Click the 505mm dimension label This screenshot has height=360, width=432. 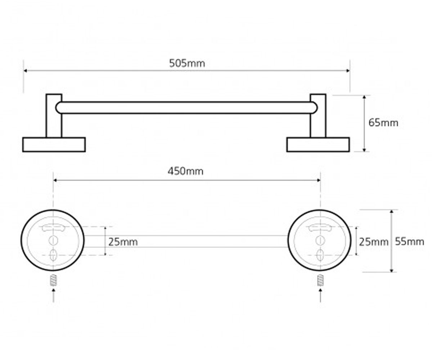pos(187,63)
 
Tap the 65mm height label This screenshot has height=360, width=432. pos(383,123)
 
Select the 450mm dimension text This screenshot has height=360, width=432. pos(186,171)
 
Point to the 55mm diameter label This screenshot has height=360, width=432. pos(409,242)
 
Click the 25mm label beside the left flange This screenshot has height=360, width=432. pos(123,242)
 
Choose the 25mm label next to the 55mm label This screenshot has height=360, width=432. pos(373,242)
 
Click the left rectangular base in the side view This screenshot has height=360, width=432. pos(54,145)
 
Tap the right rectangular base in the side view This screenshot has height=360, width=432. pos(318,145)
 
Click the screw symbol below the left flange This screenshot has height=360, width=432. pos(53,280)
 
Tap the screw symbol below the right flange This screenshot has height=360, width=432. pos(320,280)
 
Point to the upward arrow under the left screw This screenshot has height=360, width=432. pos(53,296)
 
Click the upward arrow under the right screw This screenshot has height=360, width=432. pos(320,296)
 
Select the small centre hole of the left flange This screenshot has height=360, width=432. pos(53,240)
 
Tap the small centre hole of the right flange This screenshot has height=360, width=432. pos(320,240)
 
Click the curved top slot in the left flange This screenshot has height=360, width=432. pos(53,228)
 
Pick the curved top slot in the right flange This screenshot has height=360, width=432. pos(320,228)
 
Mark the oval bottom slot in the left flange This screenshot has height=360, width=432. pos(53,255)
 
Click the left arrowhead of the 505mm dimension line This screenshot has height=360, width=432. pos(26,71)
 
